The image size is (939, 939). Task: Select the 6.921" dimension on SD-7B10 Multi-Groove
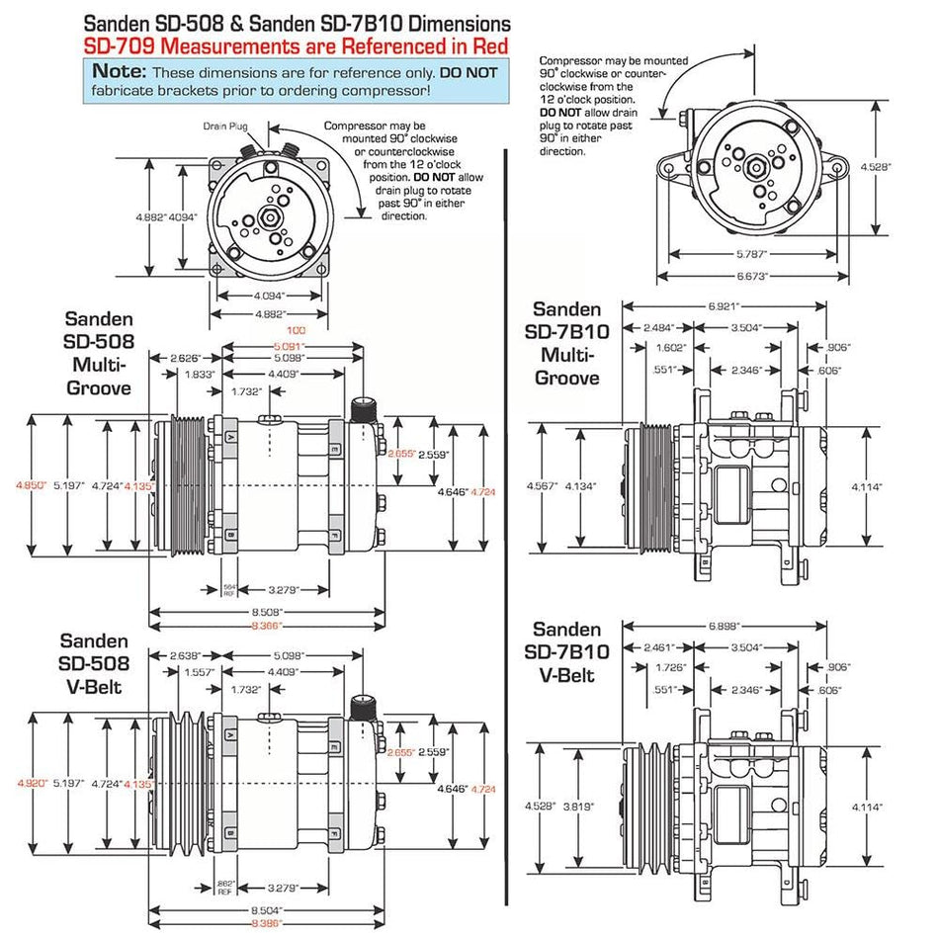[x=725, y=310]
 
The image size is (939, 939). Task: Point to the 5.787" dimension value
[x=751, y=254]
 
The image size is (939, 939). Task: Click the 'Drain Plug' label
[x=217, y=126]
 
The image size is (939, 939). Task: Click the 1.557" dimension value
[x=200, y=672]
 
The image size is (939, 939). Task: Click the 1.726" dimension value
[x=672, y=667]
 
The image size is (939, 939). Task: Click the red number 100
[x=294, y=329]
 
